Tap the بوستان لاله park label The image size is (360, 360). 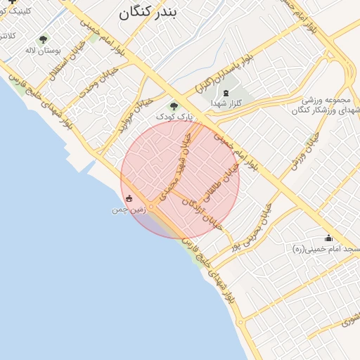(x=44, y=51)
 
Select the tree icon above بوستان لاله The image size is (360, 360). (x=44, y=40)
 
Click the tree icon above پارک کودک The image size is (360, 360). (x=174, y=105)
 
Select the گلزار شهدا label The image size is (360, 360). (x=225, y=103)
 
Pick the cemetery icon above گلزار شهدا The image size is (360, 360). (x=225, y=93)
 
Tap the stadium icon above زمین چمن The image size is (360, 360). (x=129, y=199)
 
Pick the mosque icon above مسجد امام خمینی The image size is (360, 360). (x=328, y=238)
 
